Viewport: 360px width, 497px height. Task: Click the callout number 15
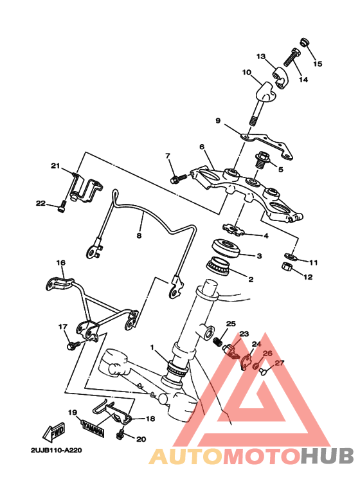(318, 64)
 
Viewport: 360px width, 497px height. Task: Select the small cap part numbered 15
(304, 42)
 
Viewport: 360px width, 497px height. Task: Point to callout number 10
(247, 72)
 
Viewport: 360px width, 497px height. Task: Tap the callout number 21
(55, 166)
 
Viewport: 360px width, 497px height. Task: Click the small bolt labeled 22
(62, 208)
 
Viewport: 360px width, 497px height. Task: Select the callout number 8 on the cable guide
(139, 236)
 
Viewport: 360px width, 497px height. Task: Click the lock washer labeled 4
(233, 230)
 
